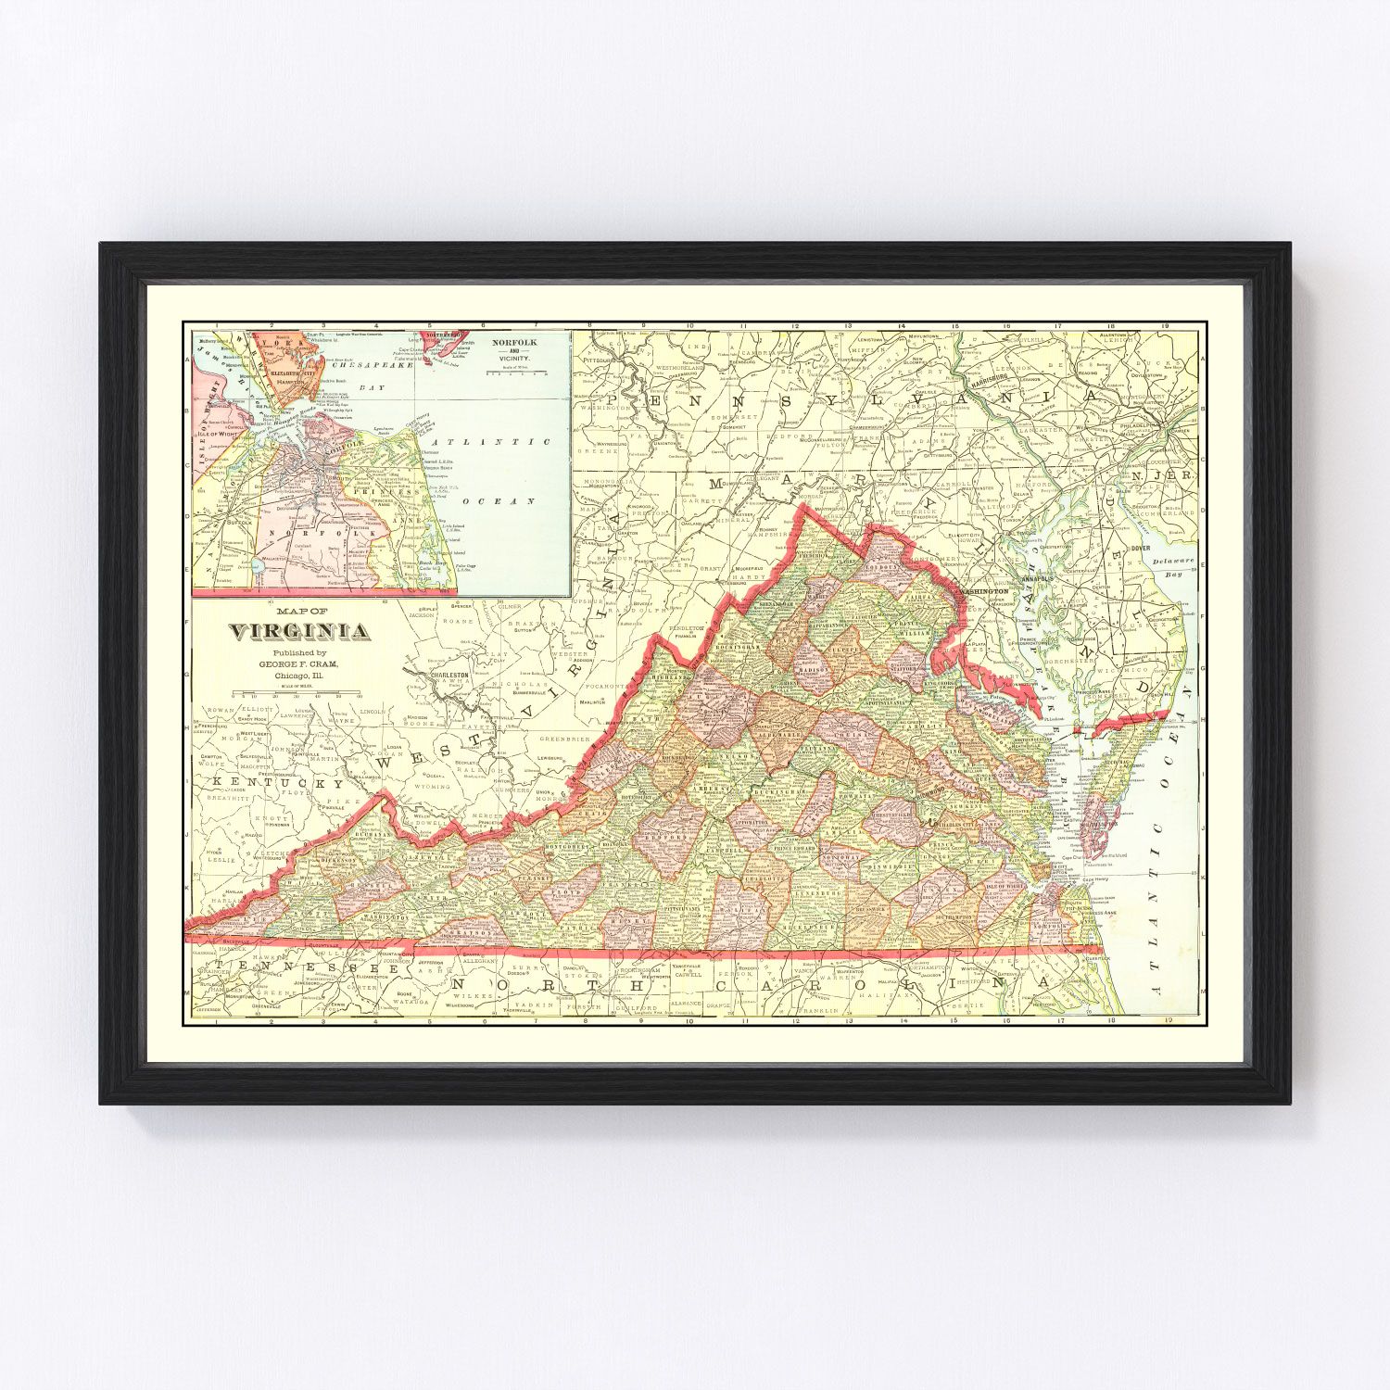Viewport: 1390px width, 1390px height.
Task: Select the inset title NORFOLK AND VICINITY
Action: [x=513, y=349]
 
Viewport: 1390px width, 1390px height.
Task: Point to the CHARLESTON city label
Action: [x=449, y=676]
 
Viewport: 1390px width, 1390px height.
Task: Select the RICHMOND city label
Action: [x=936, y=792]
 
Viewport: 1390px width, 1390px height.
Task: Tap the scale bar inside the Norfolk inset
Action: [x=511, y=376]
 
